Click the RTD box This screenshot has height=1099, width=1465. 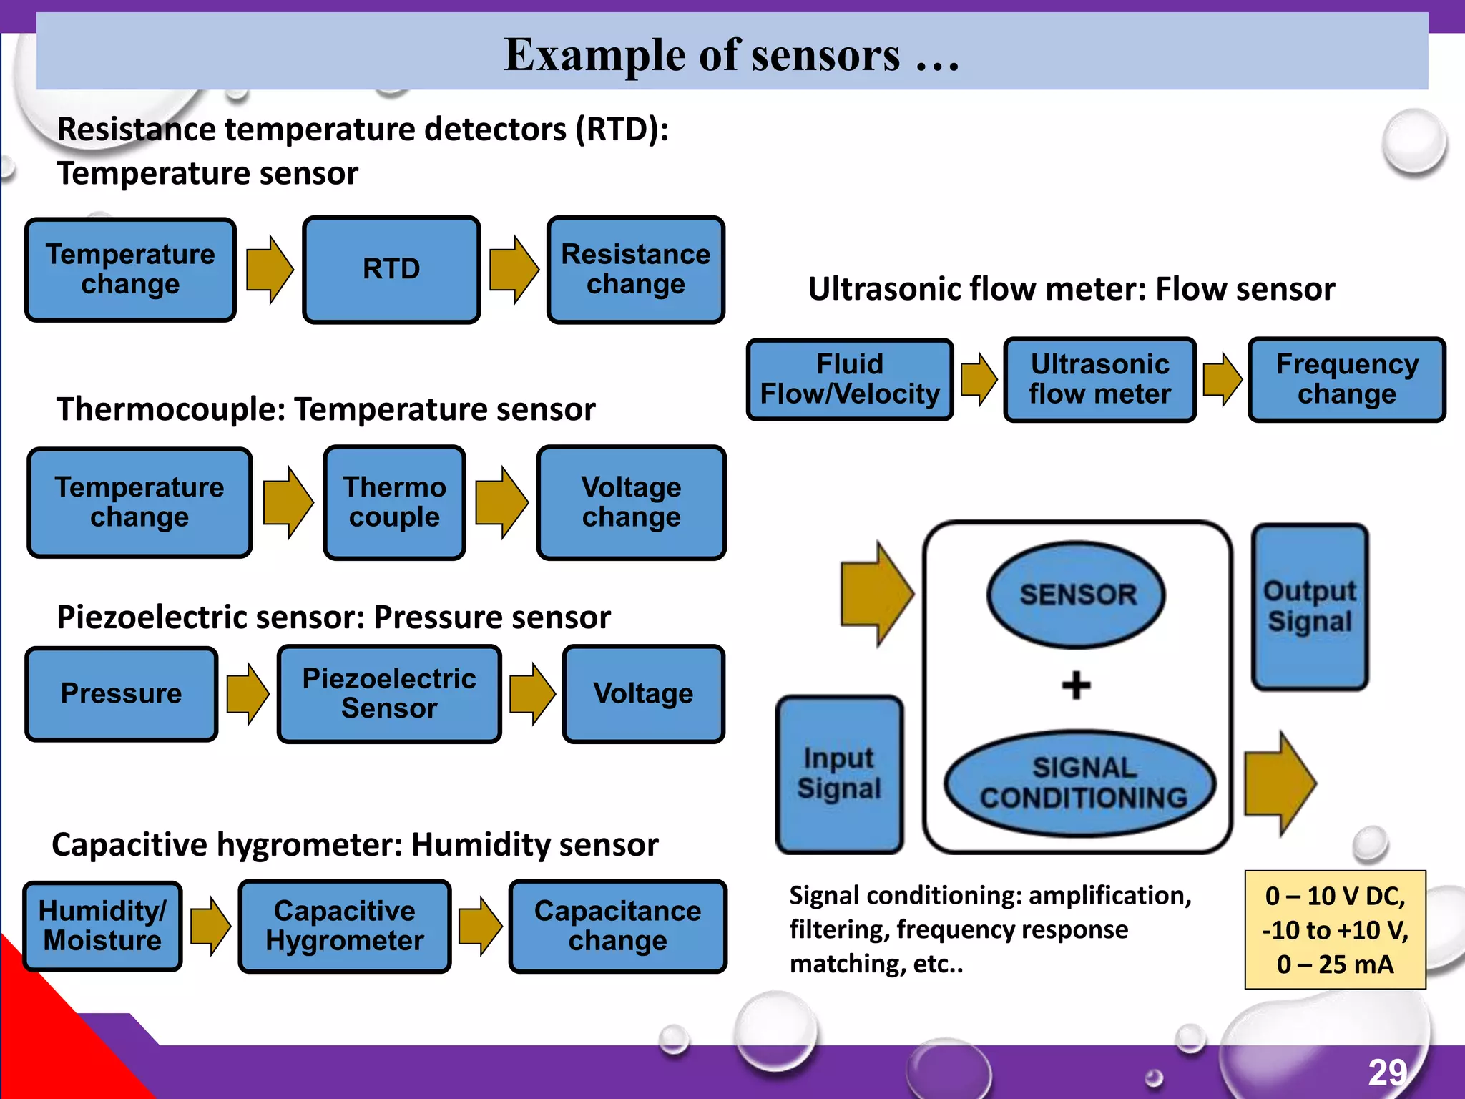[x=391, y=270]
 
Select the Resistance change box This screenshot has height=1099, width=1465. [x=635, y=270]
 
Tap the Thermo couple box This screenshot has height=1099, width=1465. [x=394, y=502]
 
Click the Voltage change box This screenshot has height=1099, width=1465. [x=631, y=502]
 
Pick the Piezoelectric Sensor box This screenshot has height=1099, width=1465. [x=389, y=693]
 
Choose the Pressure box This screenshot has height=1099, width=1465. [x=122, y=693]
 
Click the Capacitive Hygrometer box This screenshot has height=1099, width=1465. [x=344, y=926]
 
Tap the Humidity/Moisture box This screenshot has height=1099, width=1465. [x=103, y=926]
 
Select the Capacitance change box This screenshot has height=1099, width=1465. [x=617, y=926]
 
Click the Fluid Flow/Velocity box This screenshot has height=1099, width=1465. [x=850, y=379]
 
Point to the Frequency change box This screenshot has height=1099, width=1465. [x=1346, y=379]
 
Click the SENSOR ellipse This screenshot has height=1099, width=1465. [x=1077, y=595]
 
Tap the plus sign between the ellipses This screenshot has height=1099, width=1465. [x=1076, y=685]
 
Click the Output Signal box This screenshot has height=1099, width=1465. [x=1310, y=607]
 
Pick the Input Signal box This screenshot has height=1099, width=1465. [x=839, y=774]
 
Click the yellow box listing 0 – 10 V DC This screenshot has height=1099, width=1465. [x=1335, y=929]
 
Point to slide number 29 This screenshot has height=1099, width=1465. [x=1387, y=1073]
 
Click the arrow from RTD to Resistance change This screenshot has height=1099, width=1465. [x=514, y=270]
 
